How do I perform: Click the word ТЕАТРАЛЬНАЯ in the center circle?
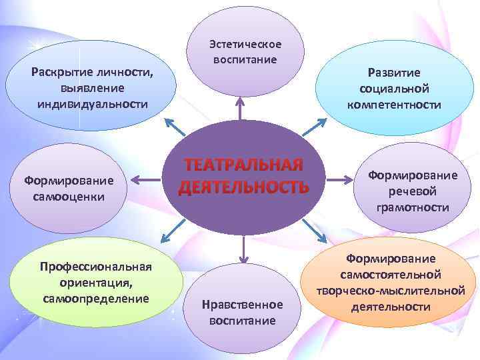click(x=243, y=165)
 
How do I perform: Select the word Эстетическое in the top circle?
click(x=245, y=44)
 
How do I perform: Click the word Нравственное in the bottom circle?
click(x=243, y=305)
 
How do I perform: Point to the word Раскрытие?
click(x=60, y=72)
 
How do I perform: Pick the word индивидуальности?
click(x=91, y=104)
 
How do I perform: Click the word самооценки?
click(x=68, y=197)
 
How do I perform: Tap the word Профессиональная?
click(x=96, y=267)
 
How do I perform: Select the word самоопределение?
click(x=96, y=297)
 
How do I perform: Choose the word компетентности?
click(x=393, y=104)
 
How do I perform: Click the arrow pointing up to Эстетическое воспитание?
click(x=240, y=110)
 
